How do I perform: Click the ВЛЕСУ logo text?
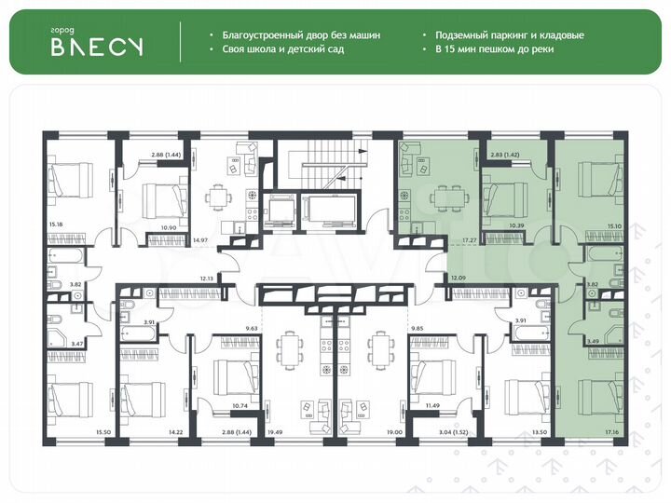[x=96, y=48]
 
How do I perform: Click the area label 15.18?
[x=56, y=224]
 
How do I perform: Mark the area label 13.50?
[x=539, y=433]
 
